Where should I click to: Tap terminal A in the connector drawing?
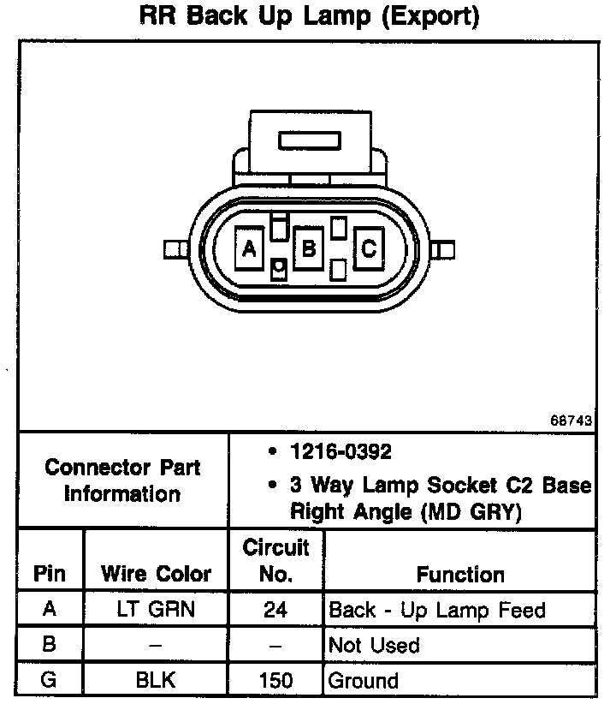point(249,248)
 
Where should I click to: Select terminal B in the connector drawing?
point(309,248)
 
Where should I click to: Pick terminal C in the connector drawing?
point(369,248)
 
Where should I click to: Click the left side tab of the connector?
point(175,249)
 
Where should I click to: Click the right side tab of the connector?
point(443,249)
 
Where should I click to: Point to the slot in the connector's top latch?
point(309,140)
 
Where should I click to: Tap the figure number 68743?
point(571,421)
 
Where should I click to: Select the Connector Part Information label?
point(122,480)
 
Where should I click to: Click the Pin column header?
point(50,573)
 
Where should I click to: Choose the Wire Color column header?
point(156,573)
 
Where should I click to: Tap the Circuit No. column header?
point(275,560)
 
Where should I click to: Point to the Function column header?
point(460,574)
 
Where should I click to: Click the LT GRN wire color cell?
point(156,610)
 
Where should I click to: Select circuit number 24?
point(275,610)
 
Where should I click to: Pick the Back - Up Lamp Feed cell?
point(437,610)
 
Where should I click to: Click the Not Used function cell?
point(374,645)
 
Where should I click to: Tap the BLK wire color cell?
point(156,681)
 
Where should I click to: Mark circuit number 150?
point(275,681)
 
